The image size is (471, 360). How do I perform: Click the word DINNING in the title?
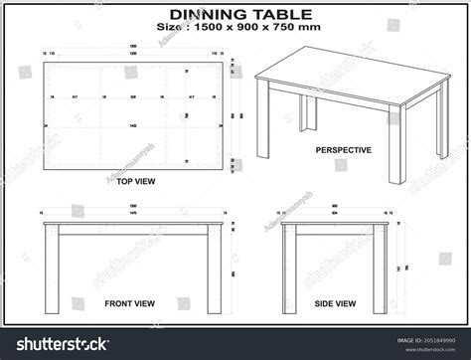point(206,15)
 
